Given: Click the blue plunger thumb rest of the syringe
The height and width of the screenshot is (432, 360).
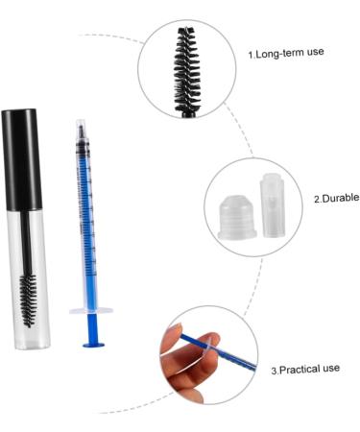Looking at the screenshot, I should [x=93, y=341].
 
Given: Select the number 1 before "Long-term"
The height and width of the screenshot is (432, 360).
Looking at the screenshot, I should [x=252, y=56].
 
